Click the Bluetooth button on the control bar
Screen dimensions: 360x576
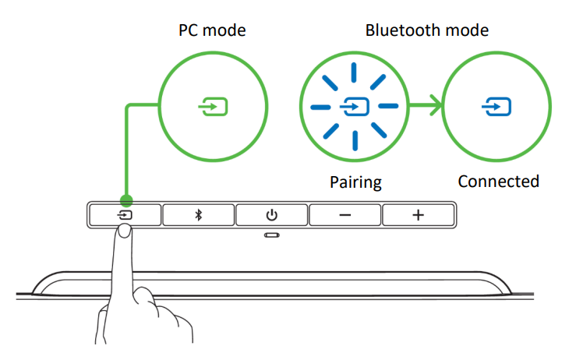point(198,214)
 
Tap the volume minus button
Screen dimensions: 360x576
point(345,214)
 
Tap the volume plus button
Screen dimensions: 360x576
point(418,214)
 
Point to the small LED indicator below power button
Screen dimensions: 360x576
point(271,235)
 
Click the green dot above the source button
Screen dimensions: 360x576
point(126,200)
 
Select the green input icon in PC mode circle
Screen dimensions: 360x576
point(213,105)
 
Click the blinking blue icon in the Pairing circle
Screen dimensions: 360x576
point(355,105)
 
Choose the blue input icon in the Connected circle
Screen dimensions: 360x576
point(495,105)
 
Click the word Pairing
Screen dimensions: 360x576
point(355,182)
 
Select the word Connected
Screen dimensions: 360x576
point(498,182)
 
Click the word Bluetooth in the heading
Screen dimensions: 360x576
point(398,30)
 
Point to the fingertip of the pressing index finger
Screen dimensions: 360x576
point(125,231)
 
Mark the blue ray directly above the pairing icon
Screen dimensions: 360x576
point(355,72)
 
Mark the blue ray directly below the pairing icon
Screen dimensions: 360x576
point(355,139)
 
